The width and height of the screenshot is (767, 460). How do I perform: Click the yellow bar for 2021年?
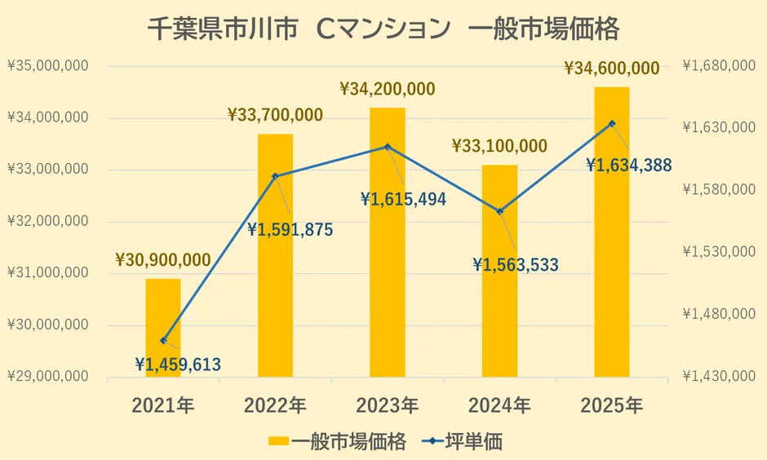point(163,328)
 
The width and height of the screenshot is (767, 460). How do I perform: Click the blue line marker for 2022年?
point(275,176)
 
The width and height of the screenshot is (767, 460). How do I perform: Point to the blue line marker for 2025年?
point(612,123)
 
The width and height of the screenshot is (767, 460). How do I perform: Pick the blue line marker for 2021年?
point(163,340)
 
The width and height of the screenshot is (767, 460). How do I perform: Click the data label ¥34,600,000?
point(611,69)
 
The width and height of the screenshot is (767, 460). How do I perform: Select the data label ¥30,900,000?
point(163,260)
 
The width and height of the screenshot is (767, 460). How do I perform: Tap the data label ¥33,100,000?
point(499,147)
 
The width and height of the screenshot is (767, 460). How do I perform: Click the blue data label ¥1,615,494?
point(403,198)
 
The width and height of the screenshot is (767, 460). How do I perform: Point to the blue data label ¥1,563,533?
point(516,264)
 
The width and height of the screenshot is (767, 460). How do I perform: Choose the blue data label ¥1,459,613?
point(178,365)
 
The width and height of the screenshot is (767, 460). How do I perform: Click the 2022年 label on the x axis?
point(275,405)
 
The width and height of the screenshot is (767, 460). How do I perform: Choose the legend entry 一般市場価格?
point(338,441)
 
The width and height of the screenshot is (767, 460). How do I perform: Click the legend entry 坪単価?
point(463,441)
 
